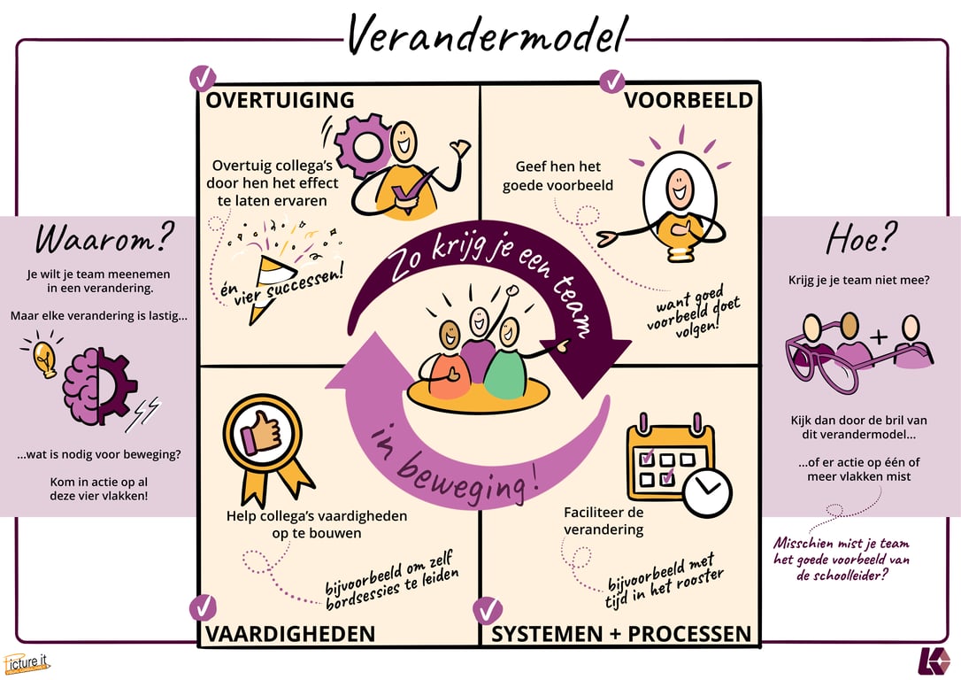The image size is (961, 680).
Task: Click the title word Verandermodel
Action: click(486, 35)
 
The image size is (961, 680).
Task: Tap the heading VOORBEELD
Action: click(688, 100)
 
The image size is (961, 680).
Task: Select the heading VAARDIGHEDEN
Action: click(290, 634)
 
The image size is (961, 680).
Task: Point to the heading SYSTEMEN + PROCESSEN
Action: click(621, 634)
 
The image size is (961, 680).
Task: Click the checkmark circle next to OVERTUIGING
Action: click(203, 78)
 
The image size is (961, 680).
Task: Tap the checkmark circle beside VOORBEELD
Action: click(612, 81)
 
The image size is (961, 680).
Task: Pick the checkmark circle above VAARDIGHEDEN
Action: click(203, 607)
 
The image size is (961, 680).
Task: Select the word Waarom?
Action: click(105, 238)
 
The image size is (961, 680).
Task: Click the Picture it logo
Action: click(27, 662)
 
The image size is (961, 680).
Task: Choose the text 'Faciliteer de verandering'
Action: click(604, 521)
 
